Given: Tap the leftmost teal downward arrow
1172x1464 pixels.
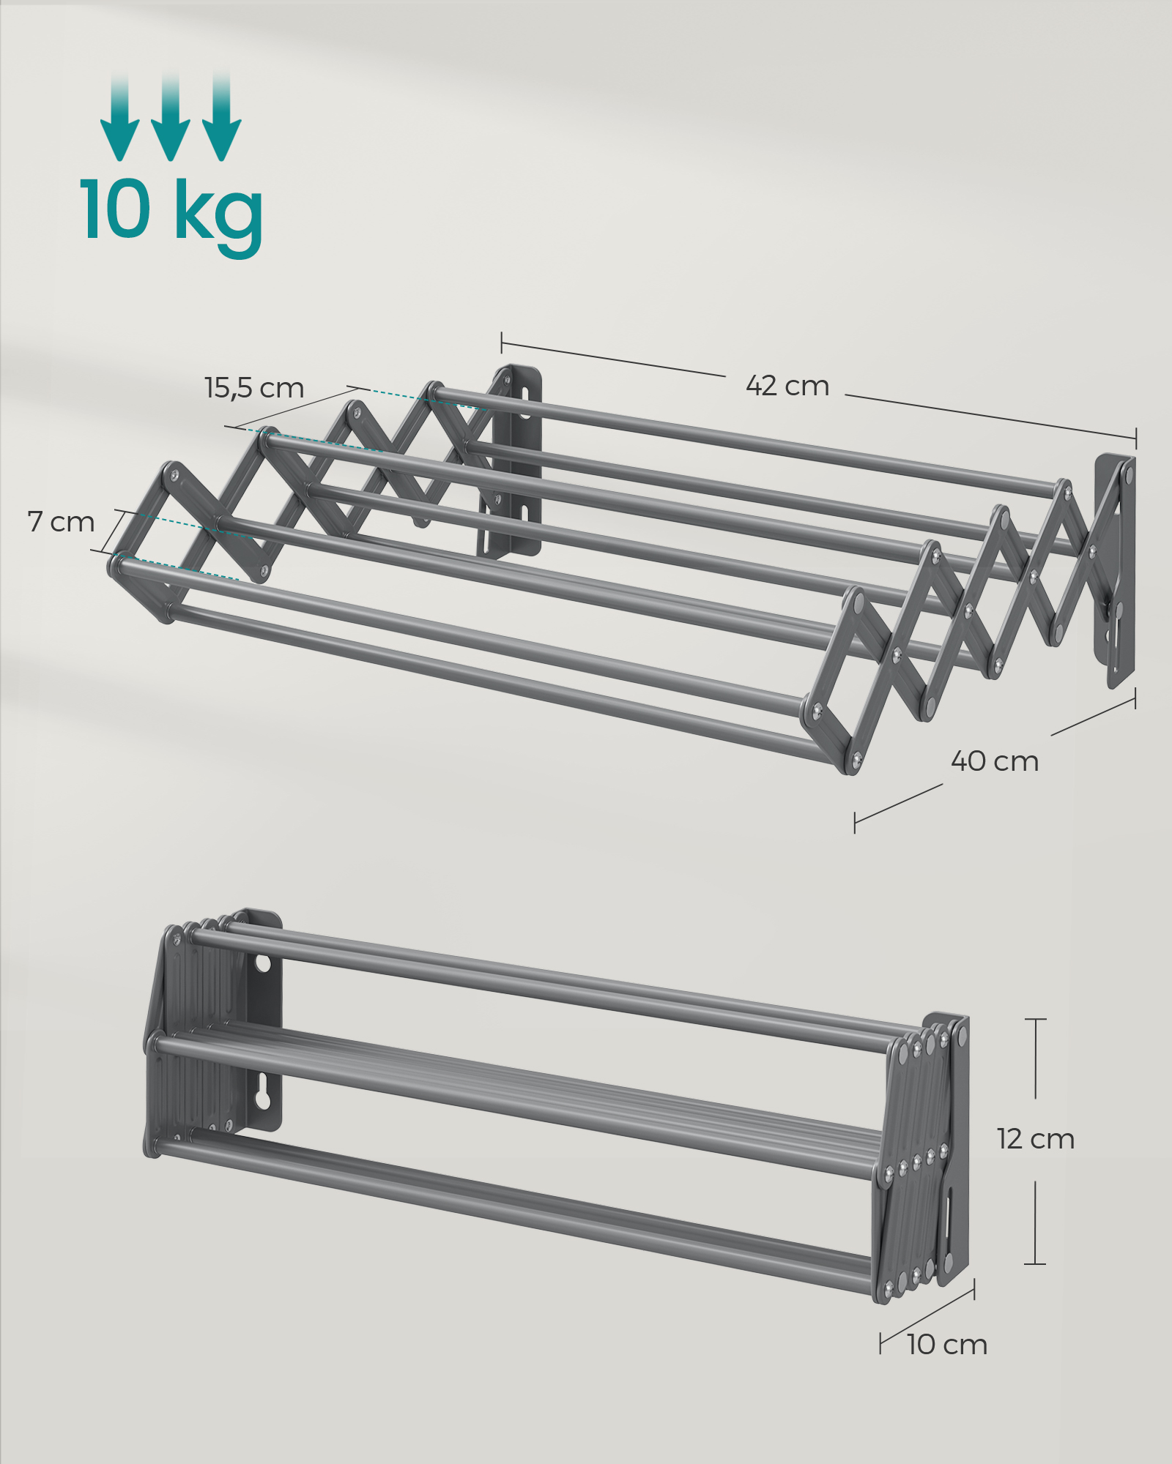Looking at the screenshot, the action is [x=119, y=117].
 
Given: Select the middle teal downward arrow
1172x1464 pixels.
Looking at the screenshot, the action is [x=170, y=117].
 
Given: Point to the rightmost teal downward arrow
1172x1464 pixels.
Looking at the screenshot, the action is [x=221, y=117].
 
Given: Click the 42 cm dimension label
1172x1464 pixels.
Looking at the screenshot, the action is [x=787, y=386].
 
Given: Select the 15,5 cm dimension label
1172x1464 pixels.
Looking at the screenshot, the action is [x=254, y=388].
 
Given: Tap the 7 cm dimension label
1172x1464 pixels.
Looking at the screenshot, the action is [x=62, y=522].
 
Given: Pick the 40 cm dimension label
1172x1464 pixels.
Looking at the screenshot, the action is [x=995, y=761].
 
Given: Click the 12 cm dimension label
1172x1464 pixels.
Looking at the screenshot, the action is [x=1035, y=1139].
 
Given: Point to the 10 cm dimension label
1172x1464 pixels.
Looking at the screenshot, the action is [x=947, y=1345].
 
